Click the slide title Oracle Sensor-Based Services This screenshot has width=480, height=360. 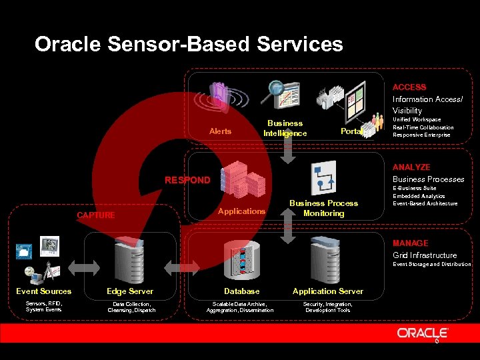[x=189, y=45]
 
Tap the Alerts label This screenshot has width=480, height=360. [x=220, y=131]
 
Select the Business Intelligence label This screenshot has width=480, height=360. [x=285, y=128]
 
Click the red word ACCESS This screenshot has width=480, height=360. [x=409, y=87]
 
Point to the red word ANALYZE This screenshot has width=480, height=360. [x=411, y=167]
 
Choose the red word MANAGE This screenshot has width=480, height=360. [x=410, y=243]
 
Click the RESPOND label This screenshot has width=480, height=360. [x=187, y=180]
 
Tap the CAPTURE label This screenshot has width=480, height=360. [x=96, y=215]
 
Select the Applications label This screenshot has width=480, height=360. [x=242, y=211]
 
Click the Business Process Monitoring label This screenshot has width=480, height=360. [x=323, y=208]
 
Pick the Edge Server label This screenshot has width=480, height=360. [x=130, y=291]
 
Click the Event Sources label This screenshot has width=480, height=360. [x=44, y=291]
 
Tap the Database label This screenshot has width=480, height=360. [x=241, y=291]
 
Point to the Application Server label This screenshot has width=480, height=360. [x=328, y=291]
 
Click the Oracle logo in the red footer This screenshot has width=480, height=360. [x=423, y=333]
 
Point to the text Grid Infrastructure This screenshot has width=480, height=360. [x=425, y=255]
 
